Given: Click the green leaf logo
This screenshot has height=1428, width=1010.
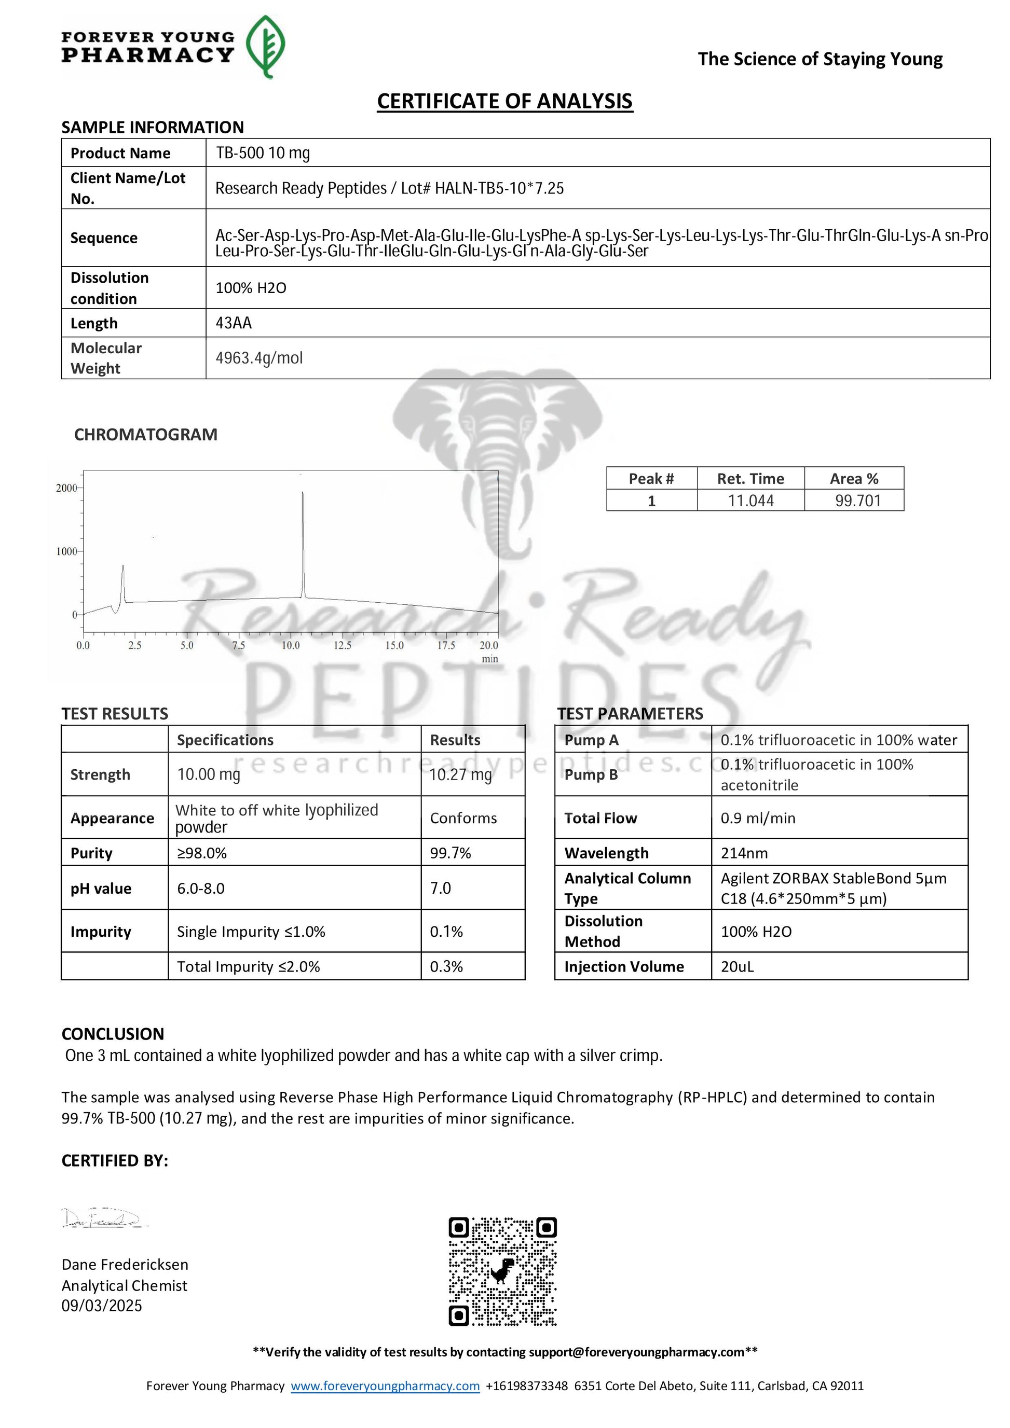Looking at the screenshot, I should [x=266, y=47].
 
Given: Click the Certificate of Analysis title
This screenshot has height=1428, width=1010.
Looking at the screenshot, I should [x=504, y=101].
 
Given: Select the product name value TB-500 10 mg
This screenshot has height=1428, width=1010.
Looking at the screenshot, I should [x=263, y=153].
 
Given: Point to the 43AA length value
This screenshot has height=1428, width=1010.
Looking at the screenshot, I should [x=234, y=323].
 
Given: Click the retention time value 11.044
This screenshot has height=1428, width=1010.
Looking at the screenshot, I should [x=750, y=501].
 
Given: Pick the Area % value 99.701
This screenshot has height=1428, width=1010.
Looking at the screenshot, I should [x=857, y=501].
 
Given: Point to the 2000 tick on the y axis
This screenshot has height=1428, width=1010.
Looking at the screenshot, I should [x=66, y=488].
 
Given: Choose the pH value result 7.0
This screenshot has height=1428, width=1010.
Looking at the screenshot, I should [x=441, y=888].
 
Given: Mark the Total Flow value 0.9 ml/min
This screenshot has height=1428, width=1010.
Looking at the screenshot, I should [x=758, y=818].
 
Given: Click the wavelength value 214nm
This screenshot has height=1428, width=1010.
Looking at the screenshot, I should [x=744, y=853].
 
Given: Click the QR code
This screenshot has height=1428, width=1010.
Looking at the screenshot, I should [x=503, y=1272].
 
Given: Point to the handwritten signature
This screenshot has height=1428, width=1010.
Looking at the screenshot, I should [x=103, y=1218].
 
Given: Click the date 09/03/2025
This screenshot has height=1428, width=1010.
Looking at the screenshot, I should [x=101, y=1306].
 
